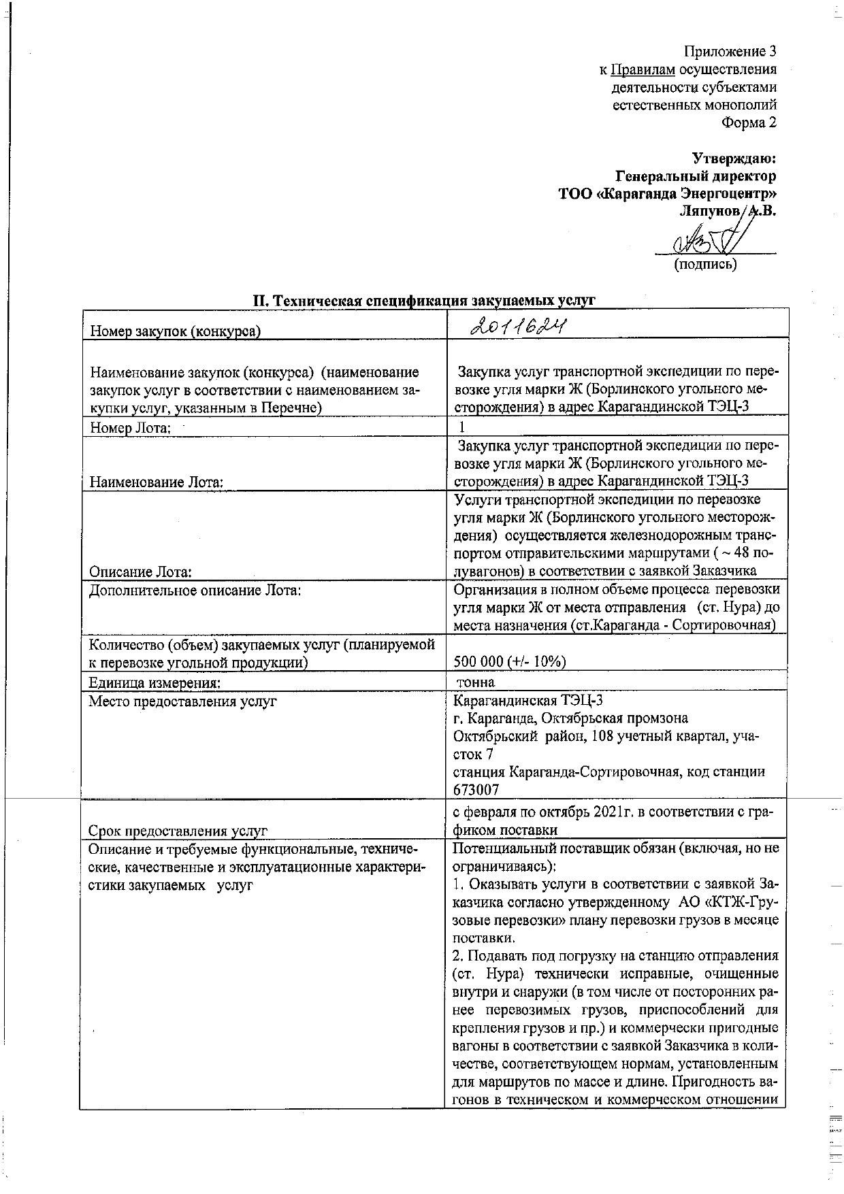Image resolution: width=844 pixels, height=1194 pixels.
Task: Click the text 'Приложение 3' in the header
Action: click(730, 51)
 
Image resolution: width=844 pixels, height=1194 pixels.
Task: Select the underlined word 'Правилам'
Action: click(643, 69)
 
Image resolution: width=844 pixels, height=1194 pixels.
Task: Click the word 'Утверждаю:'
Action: click(734, 159)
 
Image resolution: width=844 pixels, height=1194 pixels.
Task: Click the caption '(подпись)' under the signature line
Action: click(705, 264)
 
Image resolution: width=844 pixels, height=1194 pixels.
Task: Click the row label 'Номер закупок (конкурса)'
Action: click(176, 331)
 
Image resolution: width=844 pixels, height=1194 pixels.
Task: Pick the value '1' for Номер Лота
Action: click(462, 427)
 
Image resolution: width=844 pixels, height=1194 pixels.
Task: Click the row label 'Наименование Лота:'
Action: click(157, 482)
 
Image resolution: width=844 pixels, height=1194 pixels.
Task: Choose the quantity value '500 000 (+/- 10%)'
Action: click(510, 661)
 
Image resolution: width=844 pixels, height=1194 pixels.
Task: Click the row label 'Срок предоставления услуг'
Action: click(178, 830)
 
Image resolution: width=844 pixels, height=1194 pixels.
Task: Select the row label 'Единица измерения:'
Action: click(155, 682)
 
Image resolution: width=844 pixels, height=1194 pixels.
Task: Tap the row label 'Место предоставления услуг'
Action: click(182, 700)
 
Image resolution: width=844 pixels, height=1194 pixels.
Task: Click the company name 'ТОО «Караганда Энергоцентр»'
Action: click(667, 194)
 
